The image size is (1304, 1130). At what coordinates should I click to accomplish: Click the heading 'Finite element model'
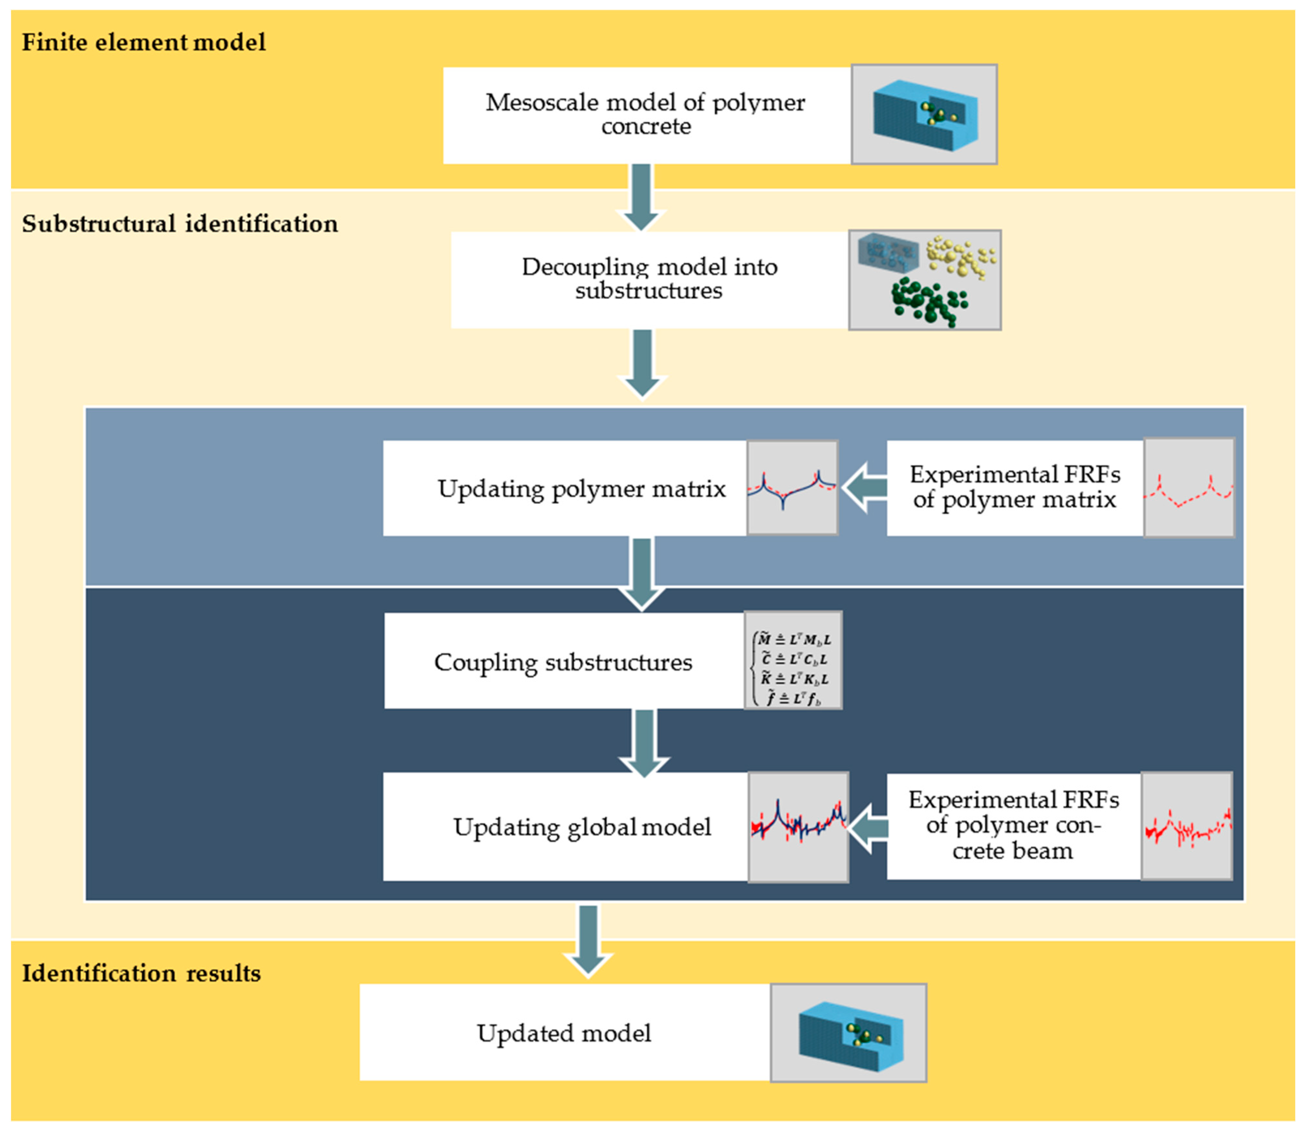144,42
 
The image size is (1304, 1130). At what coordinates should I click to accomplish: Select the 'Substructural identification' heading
180,224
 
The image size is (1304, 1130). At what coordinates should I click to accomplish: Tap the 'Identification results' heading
141,973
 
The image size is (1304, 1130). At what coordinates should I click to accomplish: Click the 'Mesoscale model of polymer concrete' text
645,114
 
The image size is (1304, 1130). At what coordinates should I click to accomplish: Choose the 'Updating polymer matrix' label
582,489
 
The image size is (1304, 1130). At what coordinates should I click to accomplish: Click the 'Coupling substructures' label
563,662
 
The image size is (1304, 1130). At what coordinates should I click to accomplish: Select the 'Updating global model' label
582,827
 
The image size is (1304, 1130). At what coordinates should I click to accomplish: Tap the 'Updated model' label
564,1033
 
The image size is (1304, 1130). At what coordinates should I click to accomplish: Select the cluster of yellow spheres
960,255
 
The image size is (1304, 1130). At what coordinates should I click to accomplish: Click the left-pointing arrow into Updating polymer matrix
864,488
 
